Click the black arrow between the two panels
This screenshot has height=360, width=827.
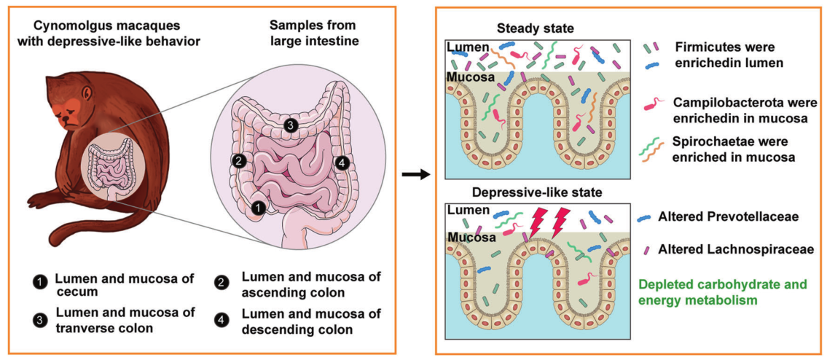413,175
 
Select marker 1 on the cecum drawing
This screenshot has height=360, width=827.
258,208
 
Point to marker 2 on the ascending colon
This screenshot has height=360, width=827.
238,162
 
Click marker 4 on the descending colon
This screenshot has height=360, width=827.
342,164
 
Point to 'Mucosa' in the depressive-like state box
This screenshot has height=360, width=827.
471,238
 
